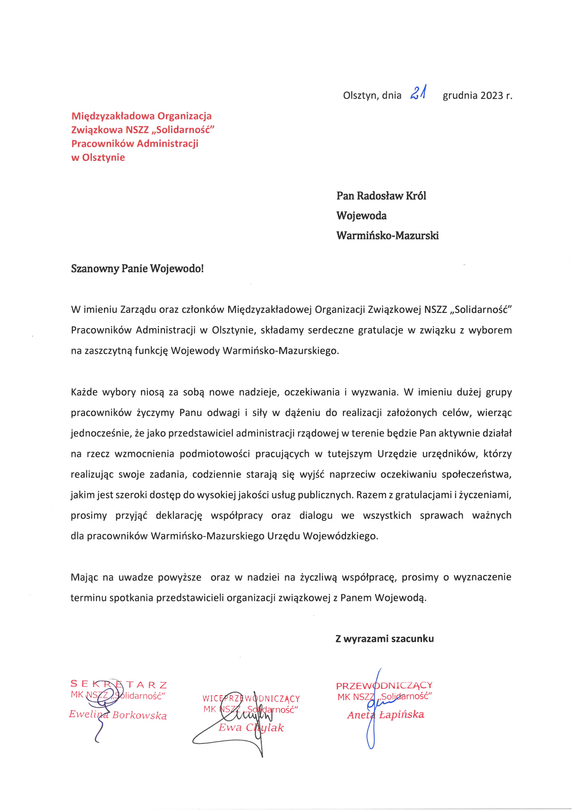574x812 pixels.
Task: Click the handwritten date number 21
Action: click(x=417, y=94)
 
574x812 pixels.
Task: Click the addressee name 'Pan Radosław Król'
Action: click(x=381, y=196)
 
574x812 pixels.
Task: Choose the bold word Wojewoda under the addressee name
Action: click(x=361, y=216)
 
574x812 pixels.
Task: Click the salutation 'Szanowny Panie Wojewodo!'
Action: click(x=137, y=269)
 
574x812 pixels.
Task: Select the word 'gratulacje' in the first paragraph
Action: click(x=380, y=330)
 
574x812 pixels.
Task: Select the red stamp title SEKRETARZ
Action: click(x=119, y=685)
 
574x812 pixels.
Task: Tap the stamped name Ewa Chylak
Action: click(x=251, y=727)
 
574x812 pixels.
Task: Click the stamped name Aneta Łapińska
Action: click(x=385, y=715)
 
